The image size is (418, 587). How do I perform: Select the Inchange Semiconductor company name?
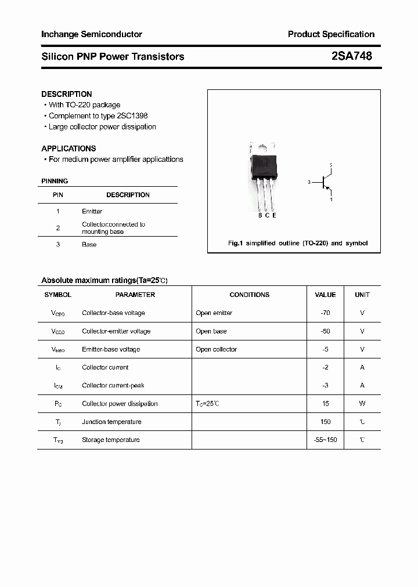click(x=92, y=34)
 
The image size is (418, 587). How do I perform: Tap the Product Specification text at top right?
click(x=331, y=34)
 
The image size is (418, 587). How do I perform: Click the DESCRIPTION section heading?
click(x=67, y=94)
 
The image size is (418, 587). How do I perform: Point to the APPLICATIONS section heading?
click(x=69, y=148)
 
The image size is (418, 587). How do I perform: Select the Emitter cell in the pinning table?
click(x=92, y=212)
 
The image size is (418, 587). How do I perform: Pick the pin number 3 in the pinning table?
click(x=58, y=245)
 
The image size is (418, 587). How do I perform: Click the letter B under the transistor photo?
click(x=260, y=216)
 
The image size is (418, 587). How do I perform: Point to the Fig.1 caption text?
click(x=297, y=244)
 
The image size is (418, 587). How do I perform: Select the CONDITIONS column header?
click(x=249, y=295)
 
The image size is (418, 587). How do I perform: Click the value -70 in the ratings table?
click(x=325, y=313)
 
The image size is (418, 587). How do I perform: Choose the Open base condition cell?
click(x=211, y=331)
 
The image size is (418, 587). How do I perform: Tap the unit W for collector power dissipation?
click(x=362, y=404)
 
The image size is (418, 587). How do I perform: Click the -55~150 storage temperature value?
click(x=325, y=440)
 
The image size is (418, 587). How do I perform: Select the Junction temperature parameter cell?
click(x=111, y=422)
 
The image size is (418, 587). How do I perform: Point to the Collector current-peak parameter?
click(x=113, y=386)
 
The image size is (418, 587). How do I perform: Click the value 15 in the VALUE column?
click(x=325, y=404)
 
